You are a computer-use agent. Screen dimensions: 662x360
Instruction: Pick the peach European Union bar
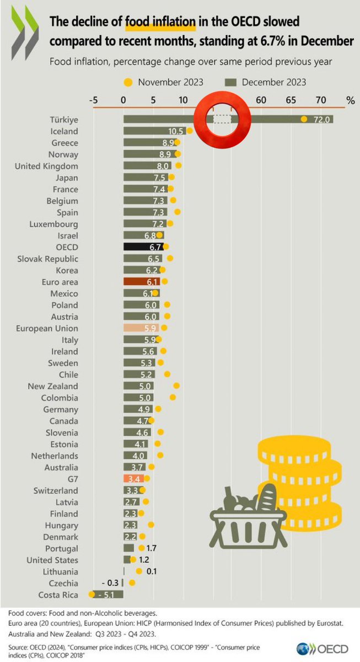coord(142,328)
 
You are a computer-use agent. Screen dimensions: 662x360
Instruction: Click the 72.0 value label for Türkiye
coord(321,120)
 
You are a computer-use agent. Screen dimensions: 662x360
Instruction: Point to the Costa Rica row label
coord(58,595)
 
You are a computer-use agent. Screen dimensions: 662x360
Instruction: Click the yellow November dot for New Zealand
coord(176,386)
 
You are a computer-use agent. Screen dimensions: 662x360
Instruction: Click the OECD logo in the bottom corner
coord(325,649)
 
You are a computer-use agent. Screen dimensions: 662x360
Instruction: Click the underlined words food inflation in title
coord(160,23)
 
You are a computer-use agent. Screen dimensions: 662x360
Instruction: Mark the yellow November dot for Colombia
coord(173,397)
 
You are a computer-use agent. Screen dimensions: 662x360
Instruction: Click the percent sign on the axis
coord(350,100)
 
